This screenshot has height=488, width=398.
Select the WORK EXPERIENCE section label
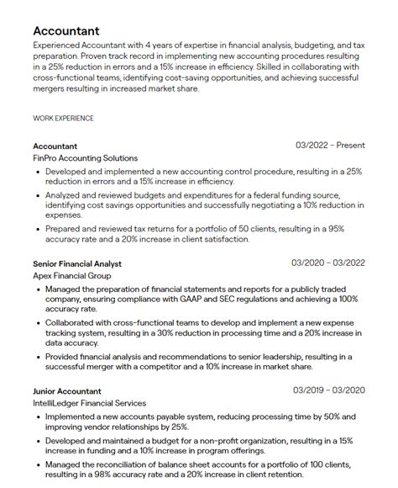click(63, 119)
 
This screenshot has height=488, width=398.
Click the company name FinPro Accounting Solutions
click(85, 157)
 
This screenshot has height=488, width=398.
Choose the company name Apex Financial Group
click(72, 275)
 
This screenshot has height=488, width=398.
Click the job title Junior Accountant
click(67, 391)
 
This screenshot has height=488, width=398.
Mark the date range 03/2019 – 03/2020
click(328, 391)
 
